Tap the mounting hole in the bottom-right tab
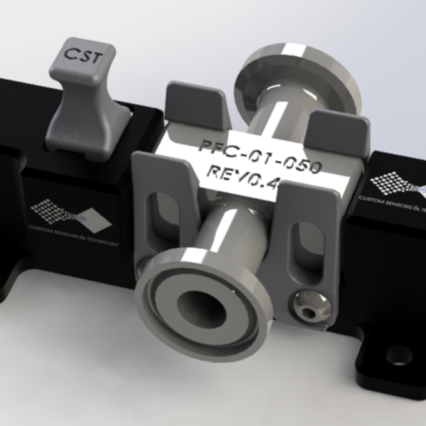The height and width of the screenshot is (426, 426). (391, 359)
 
